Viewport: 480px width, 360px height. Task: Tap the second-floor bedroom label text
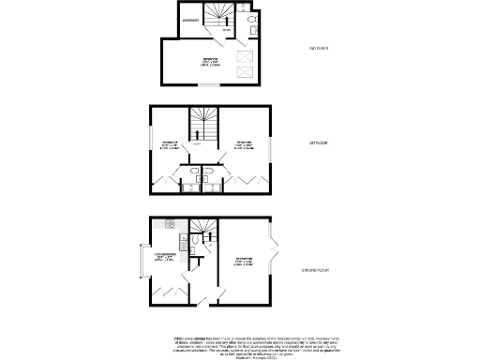(x=209, y=62)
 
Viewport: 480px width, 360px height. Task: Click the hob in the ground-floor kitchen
(x=169, y=223)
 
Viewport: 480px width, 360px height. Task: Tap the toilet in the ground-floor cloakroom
(x=192, y=243)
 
